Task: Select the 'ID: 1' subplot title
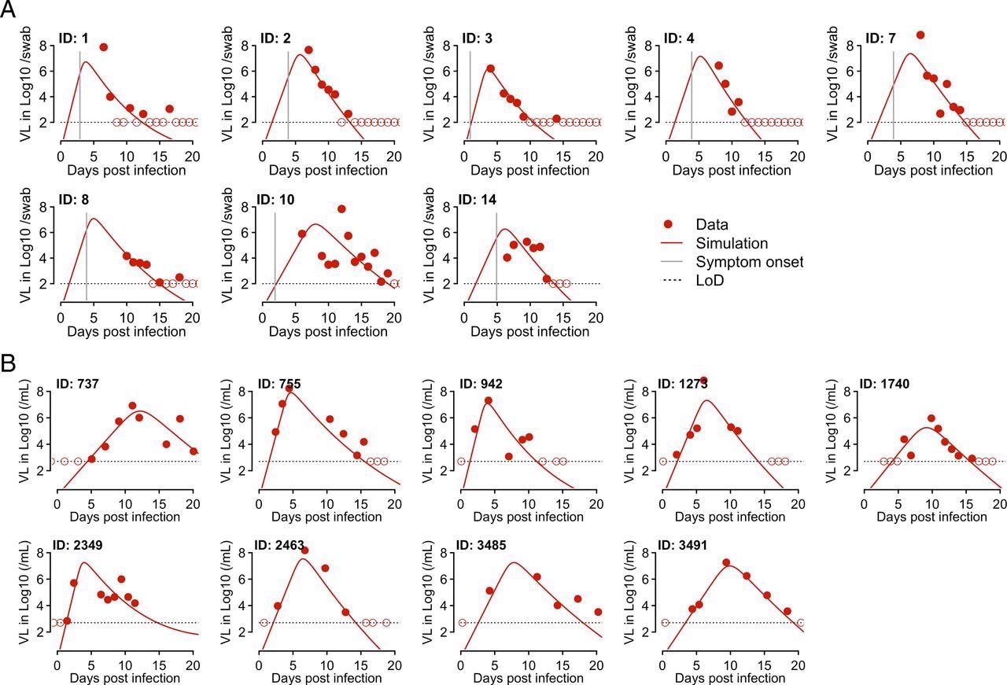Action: (x=76, y=37)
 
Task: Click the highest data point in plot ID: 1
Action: (x=103, y=47)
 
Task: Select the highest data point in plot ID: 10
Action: (x=341, y=209)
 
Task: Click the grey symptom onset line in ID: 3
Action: (x=470, y=87)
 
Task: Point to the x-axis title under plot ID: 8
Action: (x=126, y=331)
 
